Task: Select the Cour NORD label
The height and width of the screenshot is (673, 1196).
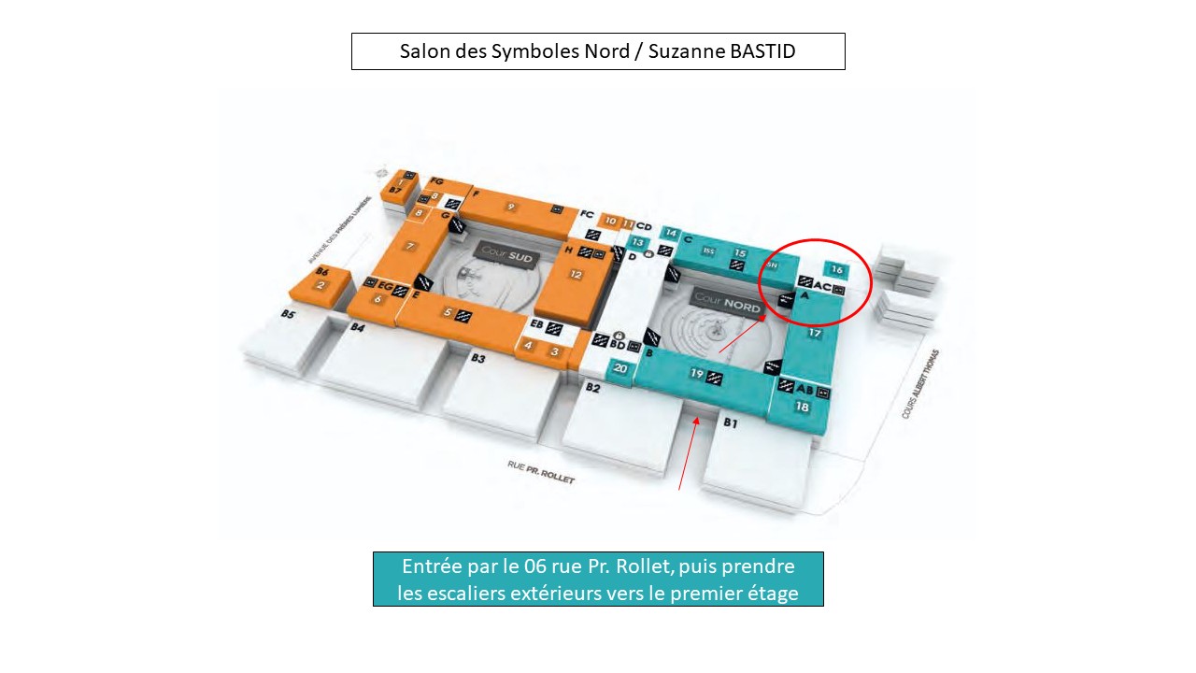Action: [727, 297]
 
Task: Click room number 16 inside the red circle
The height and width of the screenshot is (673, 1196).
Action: [836, 271]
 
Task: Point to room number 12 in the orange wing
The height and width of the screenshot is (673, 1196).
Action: [576, 275]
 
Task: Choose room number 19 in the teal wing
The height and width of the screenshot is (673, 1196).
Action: [696, 374]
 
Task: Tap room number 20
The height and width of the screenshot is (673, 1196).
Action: [620, 369]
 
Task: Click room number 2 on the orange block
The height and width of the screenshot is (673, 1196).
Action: [320, 285]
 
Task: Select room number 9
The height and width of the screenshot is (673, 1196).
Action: [510, 206]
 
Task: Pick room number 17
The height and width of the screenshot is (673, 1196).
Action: [814, 333]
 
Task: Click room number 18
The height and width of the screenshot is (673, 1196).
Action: [802, 407]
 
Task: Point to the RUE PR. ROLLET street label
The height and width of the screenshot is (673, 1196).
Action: [541, 471]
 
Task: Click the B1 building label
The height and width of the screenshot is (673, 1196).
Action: [731, 422]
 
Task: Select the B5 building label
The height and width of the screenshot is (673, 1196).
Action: [288, 315]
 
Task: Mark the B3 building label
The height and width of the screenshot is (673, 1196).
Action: [478, 358]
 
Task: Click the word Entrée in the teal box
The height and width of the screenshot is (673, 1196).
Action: [432, 566]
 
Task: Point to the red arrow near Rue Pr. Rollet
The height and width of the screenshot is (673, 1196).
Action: [688, 453]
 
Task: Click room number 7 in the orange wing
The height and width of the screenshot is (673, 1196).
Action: [409, 246]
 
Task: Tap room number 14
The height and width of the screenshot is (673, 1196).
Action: [670, 233]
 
